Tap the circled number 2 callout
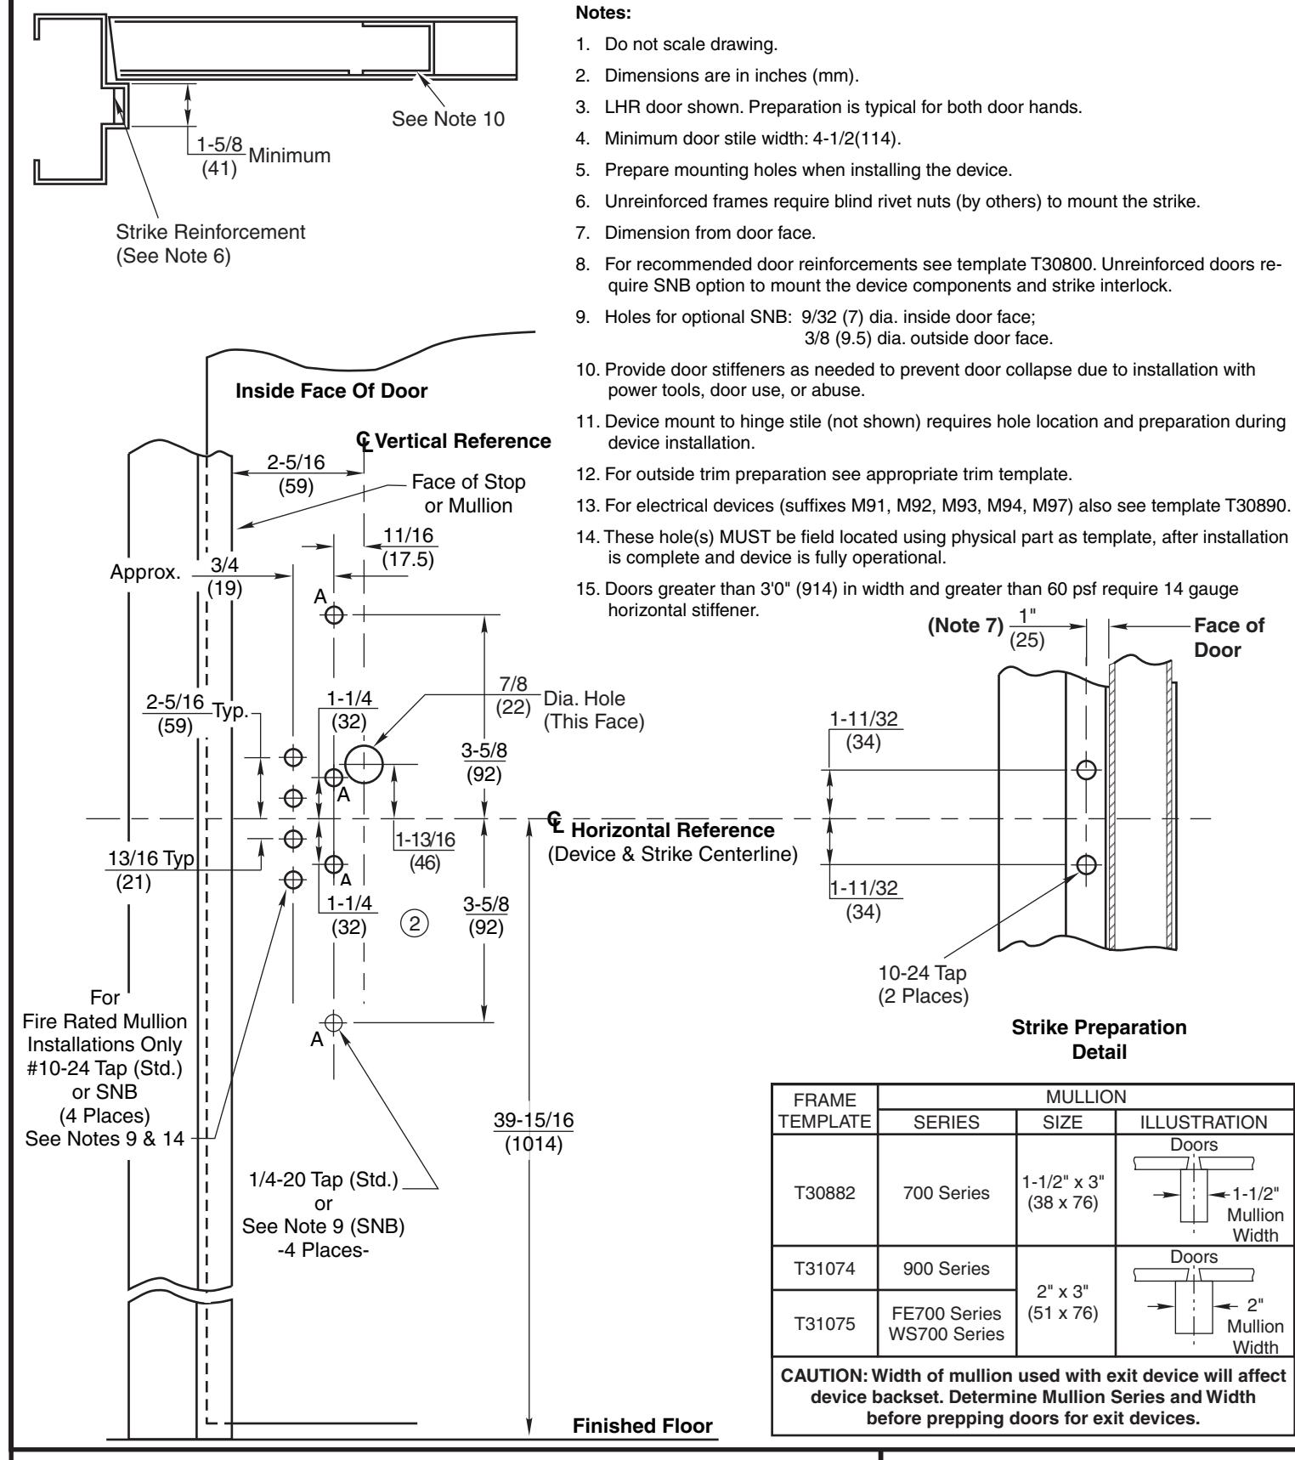pyautogui.click(x=416, y=922)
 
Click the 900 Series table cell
pyautogui.click(x=947, y=1269)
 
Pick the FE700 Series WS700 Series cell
pyautogui.click(x=947, y=1325)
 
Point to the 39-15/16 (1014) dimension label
pyautogui.click(x=534, y=1131)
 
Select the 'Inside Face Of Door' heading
pyautogui.click(x=331, y=392)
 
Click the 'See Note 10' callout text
pyautogui.click(x=448, y=118)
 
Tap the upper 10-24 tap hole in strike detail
pyautogui.click(x=1086, y=770)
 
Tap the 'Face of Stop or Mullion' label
pyautogui.click(x=468, y=494)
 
